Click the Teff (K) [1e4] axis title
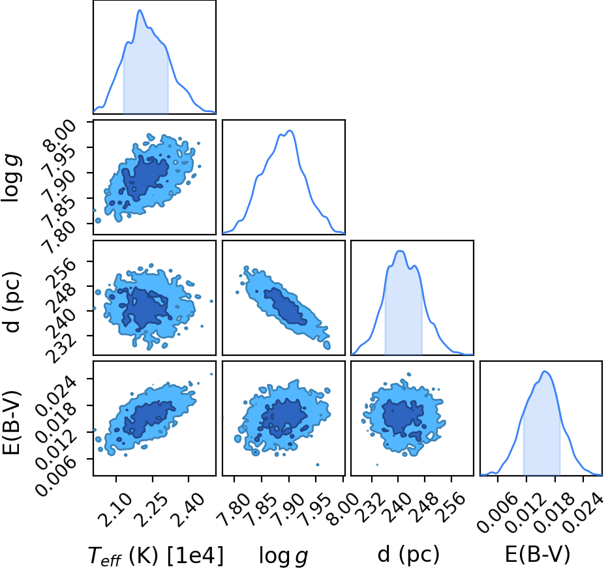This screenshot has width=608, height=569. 156,555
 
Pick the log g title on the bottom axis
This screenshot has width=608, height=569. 283,556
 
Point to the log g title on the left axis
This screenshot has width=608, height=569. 11,178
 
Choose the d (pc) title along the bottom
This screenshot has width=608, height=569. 408,554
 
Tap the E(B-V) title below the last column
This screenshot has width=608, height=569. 538,554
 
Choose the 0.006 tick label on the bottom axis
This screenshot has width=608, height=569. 494,511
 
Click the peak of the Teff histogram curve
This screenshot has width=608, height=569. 140,10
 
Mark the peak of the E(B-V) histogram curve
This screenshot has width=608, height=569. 545,372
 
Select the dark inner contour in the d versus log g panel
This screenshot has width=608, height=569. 285,306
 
